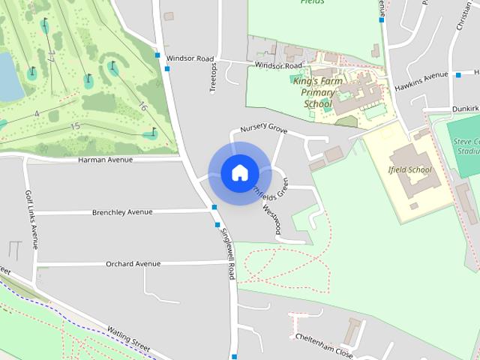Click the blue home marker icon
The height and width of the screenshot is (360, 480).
pyautogui.click(x=239, y=172)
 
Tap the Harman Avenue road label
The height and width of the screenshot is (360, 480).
pyautogui.click(x=105, y=160)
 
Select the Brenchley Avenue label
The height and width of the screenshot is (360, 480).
pyautogui.click(x=122, y=212)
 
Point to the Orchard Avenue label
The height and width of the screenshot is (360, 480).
pyautogui.click(x=133, y=264)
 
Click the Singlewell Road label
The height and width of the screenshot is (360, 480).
pyautogui.click(x=228, y=254)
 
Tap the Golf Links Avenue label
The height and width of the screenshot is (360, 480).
pyautogui.click(x=31, y=219)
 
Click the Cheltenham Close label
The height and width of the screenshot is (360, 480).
pyautogui.click(x=323, y=347)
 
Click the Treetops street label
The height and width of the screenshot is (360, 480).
pyautogui.click(x=213, y=78)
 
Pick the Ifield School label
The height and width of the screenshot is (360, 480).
pyautogui.click(x=410, y=169)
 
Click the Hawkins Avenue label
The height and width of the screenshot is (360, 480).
pyautogui.click(x=421, y=81)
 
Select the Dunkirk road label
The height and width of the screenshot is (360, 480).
pyautogui.click(x=465, y=109)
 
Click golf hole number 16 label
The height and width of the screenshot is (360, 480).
pyautogui.click(x=142, y=107)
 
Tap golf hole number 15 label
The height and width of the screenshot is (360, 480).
pyautogui.click(x=75, y=126)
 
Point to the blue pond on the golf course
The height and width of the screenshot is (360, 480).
pyautogui.click(x=9, y=76)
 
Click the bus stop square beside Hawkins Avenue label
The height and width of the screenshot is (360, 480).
pyautogui.click(x=458, y=75)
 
